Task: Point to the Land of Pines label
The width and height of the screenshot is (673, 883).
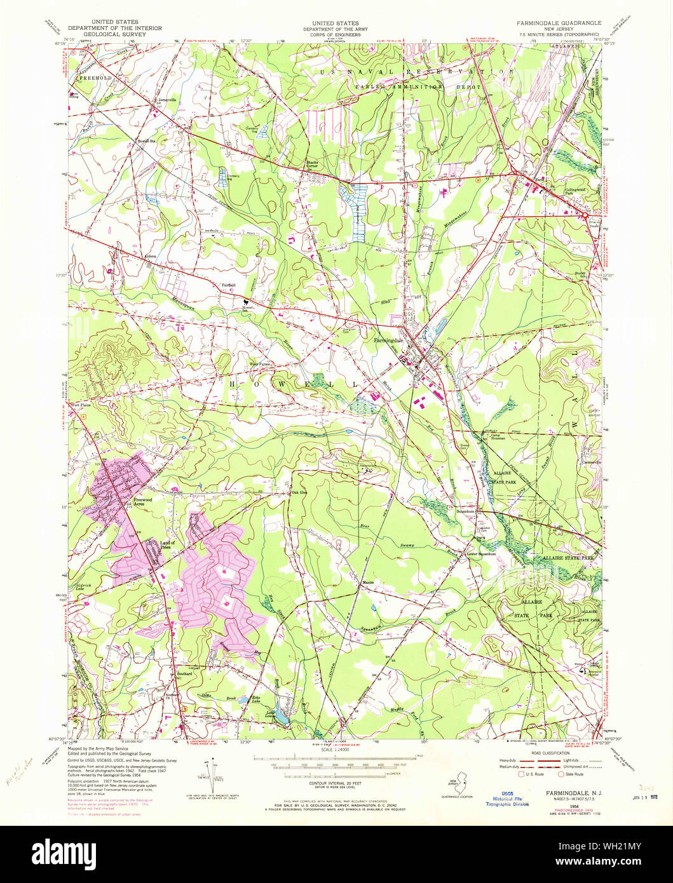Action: tap(168, 544)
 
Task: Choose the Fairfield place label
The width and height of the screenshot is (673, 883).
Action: tap(228, 285)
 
